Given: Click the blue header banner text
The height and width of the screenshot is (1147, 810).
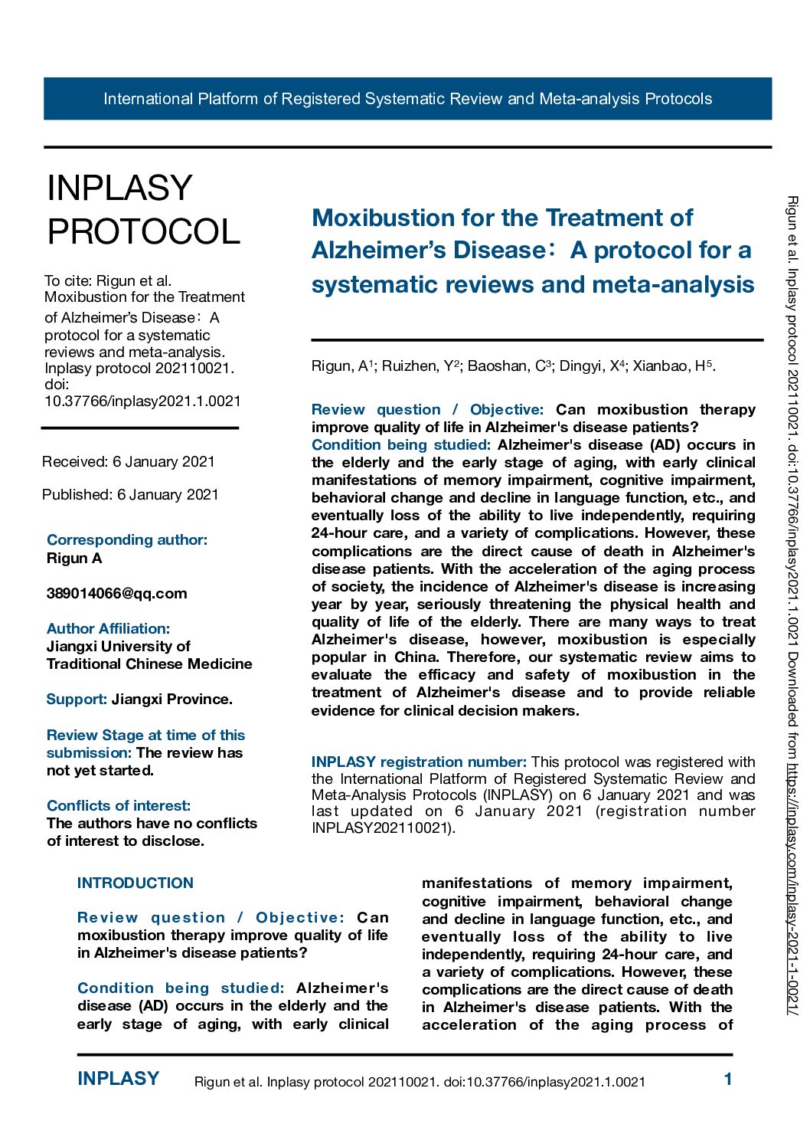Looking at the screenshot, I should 407,99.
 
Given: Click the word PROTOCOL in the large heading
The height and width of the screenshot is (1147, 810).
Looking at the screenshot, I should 144,231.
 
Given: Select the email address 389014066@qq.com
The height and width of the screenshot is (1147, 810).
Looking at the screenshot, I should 116,593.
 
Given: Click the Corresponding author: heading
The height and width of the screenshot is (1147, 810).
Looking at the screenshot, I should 127,539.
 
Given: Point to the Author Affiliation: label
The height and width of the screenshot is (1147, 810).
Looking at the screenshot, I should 108,628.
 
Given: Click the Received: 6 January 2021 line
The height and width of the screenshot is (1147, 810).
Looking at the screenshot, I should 129,461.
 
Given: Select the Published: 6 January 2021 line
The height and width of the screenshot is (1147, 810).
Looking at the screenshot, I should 130,494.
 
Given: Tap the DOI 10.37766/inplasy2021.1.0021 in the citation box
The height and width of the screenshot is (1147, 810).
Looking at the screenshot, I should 142,401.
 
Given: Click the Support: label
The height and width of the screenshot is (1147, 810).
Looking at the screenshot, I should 77,699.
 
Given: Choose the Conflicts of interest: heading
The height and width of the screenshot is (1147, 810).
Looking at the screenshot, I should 119,805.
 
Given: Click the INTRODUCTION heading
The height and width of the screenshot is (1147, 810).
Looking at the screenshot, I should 136,883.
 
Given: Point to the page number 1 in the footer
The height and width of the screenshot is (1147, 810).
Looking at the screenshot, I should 728,1080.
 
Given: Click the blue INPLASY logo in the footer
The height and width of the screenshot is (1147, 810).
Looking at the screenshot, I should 118,1079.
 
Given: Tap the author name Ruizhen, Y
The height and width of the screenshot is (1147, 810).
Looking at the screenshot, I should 420,366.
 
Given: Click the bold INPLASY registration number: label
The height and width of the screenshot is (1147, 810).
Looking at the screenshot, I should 419,762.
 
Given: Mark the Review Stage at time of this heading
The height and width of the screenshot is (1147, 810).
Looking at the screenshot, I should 145,735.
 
